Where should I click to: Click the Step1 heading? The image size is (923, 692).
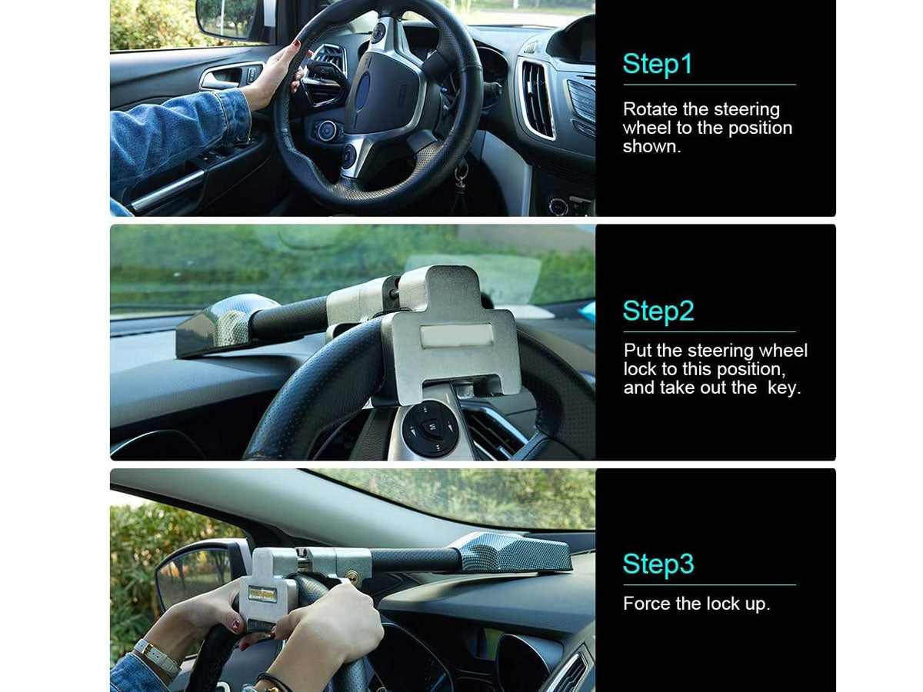click(x=657, y=64)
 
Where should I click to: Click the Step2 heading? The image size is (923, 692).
click(x=658, y=311)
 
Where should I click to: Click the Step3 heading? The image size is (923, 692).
click(x=658, y=564)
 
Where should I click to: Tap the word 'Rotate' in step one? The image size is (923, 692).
click(x=650, y=109)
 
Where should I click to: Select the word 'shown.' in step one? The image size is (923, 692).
click(x=651, y=147)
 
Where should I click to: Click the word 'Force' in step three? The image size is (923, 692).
click(x=647, y=604)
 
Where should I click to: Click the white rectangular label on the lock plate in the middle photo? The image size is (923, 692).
click(x=456, y=336)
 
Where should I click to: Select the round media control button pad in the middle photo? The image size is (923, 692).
click(x=429, y=428)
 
